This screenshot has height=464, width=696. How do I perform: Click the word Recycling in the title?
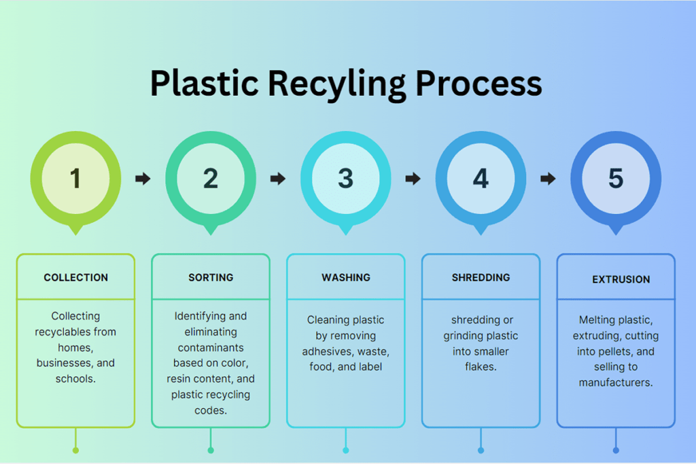(336, 84)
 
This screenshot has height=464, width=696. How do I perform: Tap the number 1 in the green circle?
(75, 179)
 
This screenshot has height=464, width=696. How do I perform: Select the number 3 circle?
(345, 179)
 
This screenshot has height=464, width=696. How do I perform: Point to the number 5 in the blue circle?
(616, 179)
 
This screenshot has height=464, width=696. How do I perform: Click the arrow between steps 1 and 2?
(143, 179)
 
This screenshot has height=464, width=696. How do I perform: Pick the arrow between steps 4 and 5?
(548, 179)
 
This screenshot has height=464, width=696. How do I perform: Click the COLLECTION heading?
(75, 278)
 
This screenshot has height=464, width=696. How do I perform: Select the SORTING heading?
(211, 278)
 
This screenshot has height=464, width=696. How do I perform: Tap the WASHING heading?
(345, 278)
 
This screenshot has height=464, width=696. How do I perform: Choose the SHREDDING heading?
(481, 278)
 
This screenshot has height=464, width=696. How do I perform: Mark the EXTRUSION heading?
(621, 279)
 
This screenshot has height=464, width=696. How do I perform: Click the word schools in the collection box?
(75, 378)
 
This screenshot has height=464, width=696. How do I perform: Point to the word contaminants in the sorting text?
(210, 347)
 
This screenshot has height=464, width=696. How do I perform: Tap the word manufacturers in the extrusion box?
(615, 382)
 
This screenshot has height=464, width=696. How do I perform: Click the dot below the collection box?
(75, 450)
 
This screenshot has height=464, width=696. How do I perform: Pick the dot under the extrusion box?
(616, 450)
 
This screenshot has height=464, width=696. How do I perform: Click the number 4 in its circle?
(481, 179)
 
